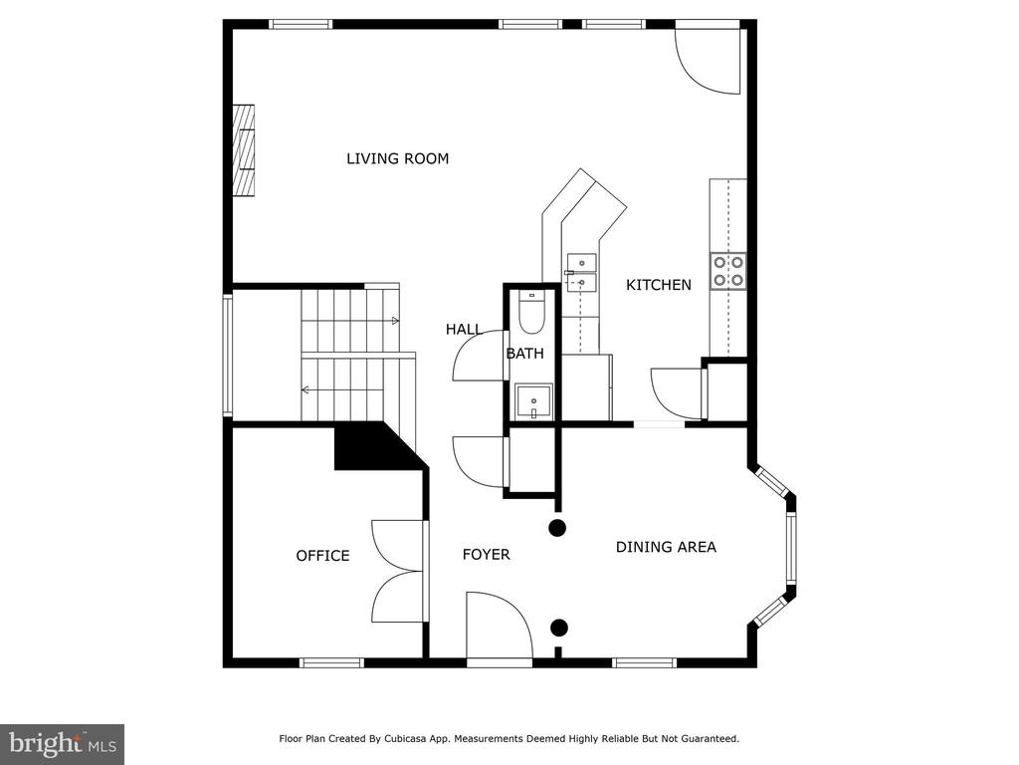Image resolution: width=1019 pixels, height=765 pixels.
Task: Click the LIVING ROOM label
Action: pyautogui.click(x=397, y=158)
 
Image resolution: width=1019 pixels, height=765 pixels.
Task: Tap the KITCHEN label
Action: pyautogui.click(x=659, y=285)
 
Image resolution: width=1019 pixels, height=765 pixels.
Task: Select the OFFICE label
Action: pyautogui.click(x=322, y=556)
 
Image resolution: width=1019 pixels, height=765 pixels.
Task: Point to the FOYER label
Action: pyautogui.click(x=486, y=554)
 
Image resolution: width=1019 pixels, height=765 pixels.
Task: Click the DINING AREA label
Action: pyautogui.click(x=666, y=547)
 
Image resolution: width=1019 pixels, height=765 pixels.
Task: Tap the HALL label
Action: pyautogui.click(x=464, y=330)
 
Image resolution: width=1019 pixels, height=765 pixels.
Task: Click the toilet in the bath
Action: pyautogui.click(x=532, y=312)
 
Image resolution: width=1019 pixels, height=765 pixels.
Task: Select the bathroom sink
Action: pyautogui.click(x=533, y=401)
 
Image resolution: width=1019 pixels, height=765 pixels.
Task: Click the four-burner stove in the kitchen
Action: pyautogui.click(x=727, y=271)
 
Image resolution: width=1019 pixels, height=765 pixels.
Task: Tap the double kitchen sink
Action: pyautogui.click(x=581, y=273)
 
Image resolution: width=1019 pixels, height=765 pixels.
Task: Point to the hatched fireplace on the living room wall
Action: pyautogui.click(x=244, y=150)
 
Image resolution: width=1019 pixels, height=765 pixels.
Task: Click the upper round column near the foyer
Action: pyautogui.click(x=557, y=528)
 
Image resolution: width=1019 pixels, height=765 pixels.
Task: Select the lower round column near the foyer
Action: pyautogui.click(x=559, y=628)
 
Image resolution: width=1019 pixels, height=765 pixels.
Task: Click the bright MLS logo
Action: pyautogui.click(x=63, y=743)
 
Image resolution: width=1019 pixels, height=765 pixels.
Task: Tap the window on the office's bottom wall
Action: pyautogui.click(x=331, y=662)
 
